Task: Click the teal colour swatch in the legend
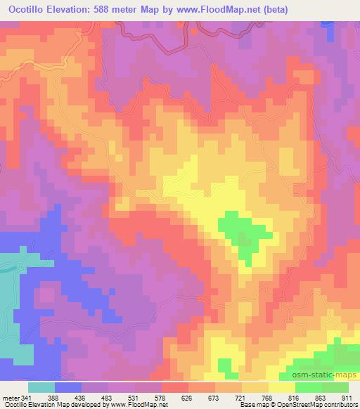pos(41,387)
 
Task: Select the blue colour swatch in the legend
pos(68,387)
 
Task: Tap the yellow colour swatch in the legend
pos(282,387)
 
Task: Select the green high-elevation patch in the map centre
pos(243,235)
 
